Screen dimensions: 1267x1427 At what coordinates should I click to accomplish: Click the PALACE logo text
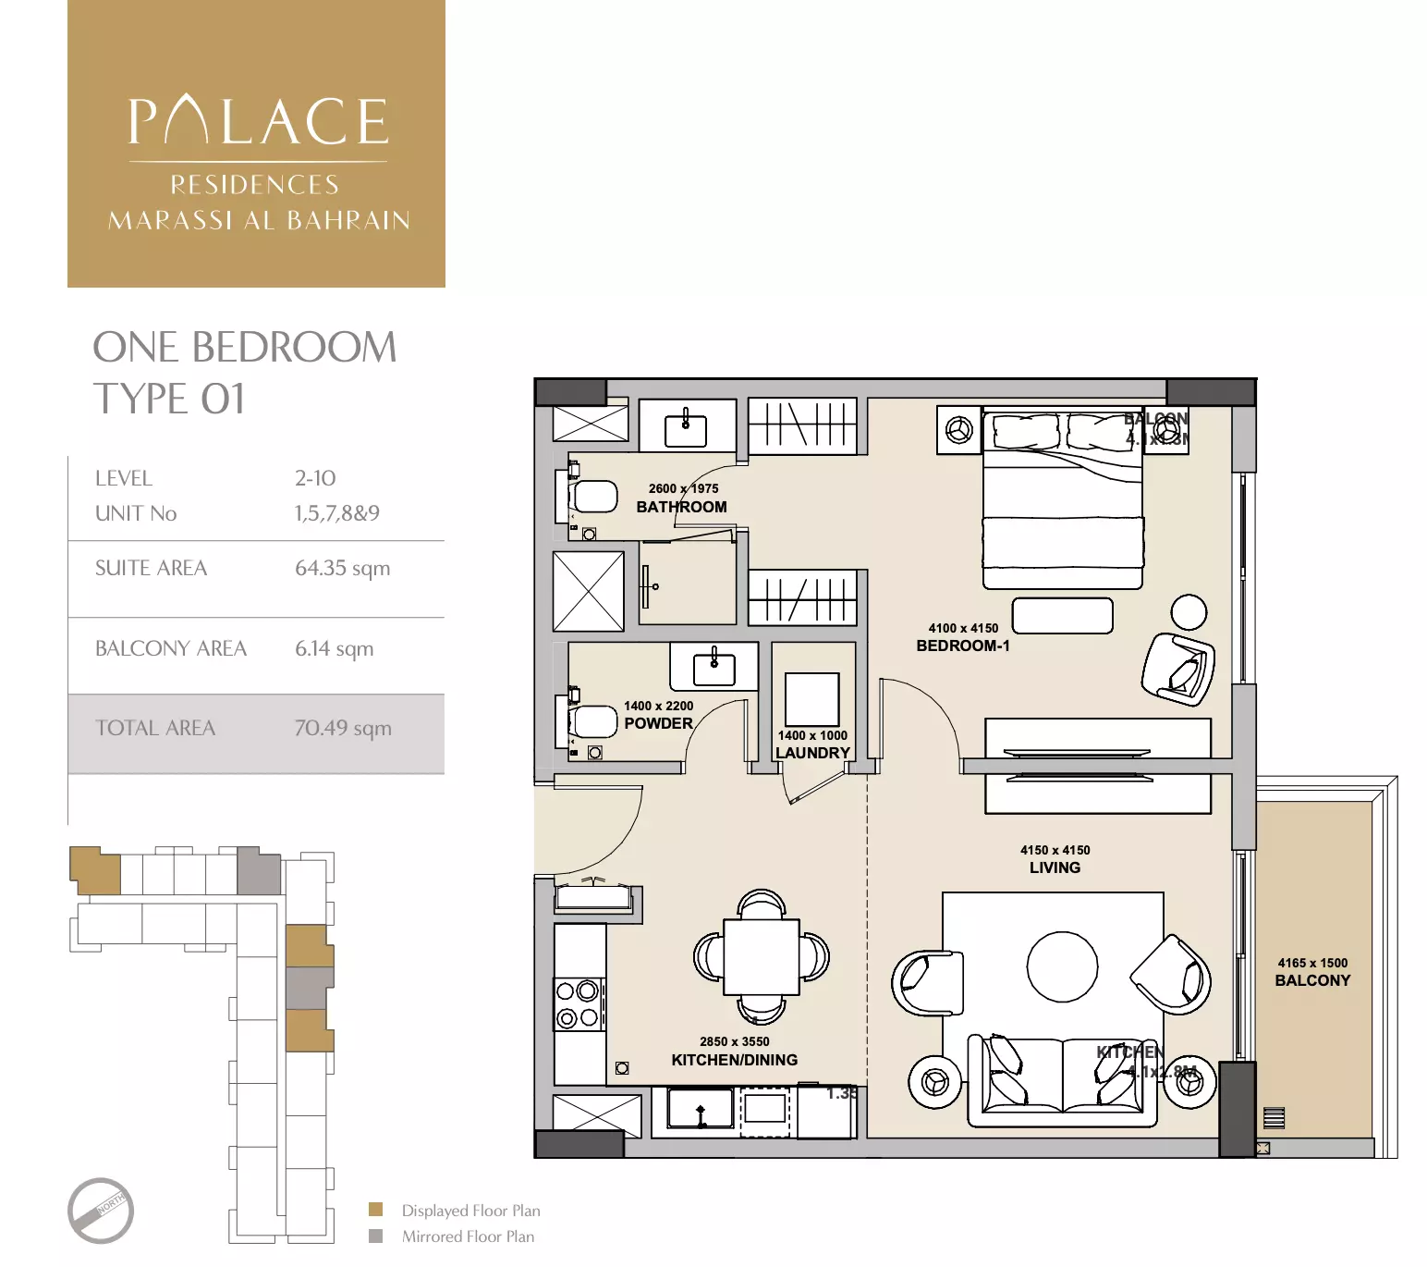coord(258,122)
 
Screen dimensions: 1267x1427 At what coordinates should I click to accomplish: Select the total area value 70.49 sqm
coord(343,729)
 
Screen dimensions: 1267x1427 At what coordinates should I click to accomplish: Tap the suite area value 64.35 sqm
coord(342,569)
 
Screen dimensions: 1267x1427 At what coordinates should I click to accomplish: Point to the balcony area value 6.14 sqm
coord(334,649)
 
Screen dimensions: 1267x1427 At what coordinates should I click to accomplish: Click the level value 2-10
coord(315,478)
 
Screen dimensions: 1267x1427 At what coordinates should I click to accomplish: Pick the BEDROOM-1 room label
coord(963,646)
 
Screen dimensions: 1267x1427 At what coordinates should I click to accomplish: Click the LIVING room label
coord(1055,867)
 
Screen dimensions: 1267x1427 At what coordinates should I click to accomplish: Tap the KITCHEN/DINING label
coord(734,1060)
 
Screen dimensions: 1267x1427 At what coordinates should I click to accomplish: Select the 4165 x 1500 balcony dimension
coord(1312,963)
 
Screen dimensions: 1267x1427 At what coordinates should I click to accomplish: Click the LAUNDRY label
coord(812,753)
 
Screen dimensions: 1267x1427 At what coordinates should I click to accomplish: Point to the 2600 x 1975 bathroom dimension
coord(683,488)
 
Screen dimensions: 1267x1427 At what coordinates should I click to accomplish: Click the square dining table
coord(762,956)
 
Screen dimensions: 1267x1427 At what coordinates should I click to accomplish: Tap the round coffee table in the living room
coord(1062,967)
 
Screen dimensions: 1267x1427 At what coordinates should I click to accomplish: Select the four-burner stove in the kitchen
coord(579,1005)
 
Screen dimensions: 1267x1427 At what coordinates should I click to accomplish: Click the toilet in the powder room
coord(590,722)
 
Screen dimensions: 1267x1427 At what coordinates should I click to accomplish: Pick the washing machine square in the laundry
coord(812,699)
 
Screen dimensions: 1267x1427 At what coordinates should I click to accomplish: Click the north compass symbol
coord(101,1210)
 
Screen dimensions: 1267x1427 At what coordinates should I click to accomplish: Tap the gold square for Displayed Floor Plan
coord(375,1210)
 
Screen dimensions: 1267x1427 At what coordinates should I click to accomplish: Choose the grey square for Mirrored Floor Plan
coord(375,1236)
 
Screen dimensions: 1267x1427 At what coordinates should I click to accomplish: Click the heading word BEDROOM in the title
coord(294,348)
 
